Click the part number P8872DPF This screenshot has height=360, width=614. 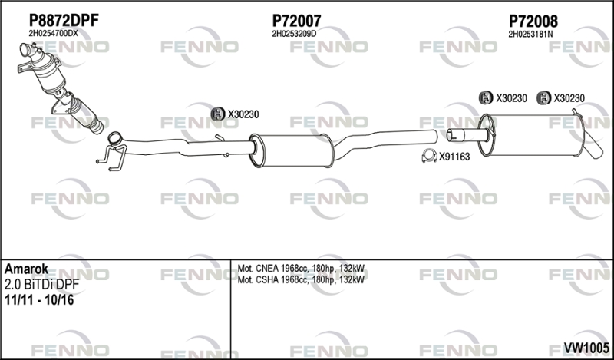64,21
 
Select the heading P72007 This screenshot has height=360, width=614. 296,21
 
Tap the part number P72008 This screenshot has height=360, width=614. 533,21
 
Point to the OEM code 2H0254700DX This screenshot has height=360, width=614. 53,34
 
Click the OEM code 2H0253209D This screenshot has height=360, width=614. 294,34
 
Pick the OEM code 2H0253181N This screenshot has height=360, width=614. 530,34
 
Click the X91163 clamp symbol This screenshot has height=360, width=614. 429,157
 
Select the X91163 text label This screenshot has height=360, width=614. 454,157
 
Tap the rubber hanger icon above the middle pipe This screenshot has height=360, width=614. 217,114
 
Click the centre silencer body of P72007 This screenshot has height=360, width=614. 292,150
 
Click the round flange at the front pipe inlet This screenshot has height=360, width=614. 114,139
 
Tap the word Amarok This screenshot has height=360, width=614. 27,269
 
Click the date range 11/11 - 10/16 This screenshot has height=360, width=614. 39,300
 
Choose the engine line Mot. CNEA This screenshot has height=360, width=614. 301,269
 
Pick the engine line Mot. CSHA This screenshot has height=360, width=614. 301,279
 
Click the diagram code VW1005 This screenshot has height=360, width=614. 586,347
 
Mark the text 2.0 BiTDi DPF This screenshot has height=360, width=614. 42,285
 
